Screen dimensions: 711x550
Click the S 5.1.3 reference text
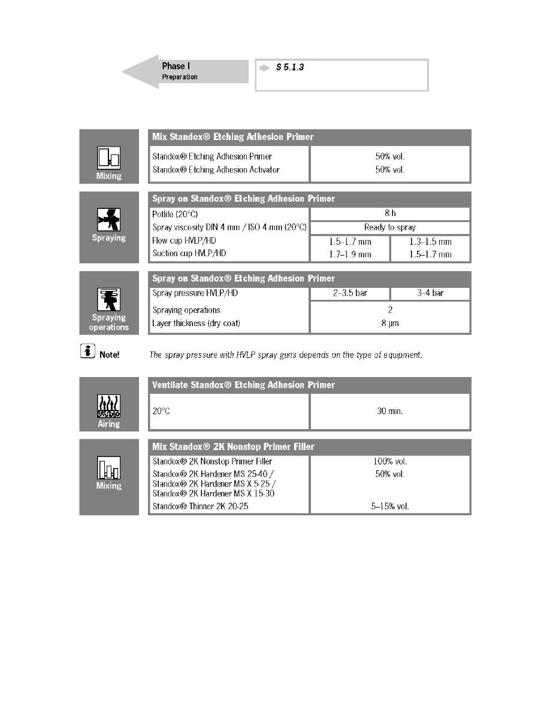click(290, 68)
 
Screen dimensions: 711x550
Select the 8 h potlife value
click(389, 213)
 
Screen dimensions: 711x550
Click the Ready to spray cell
click(389, 227)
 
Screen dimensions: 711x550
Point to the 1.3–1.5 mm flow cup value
click(430, 242)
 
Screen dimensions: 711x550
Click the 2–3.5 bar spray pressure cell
click(349, 294)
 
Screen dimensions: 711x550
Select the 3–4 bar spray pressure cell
click(430, 294)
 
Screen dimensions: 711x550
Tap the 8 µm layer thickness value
click(389, 323)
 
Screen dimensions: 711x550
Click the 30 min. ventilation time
click(389, 412)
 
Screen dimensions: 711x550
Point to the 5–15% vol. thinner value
click(389, 506)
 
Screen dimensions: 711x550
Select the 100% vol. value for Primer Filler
click(389, 461)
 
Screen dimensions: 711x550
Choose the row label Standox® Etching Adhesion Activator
click(216, 169)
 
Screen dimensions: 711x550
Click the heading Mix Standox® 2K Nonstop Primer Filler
click(234, 446)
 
